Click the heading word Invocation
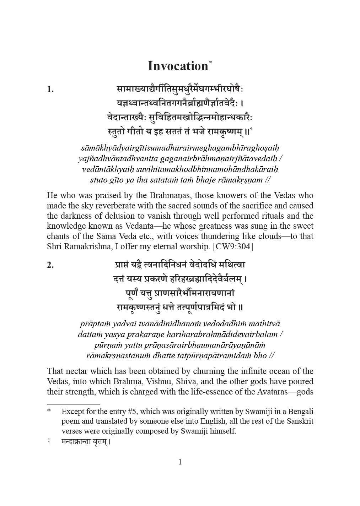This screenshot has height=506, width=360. pyautogui.click(x=178, y=66)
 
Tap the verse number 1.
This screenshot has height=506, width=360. pyautogui.click(x=50, y=89)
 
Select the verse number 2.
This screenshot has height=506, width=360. pyautogui.click(x=50, y=265)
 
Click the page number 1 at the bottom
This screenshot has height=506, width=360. pyautogui.click(x=180, y=462)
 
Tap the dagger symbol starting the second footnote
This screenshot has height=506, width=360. pyautogui.click(x=49, y=442)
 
